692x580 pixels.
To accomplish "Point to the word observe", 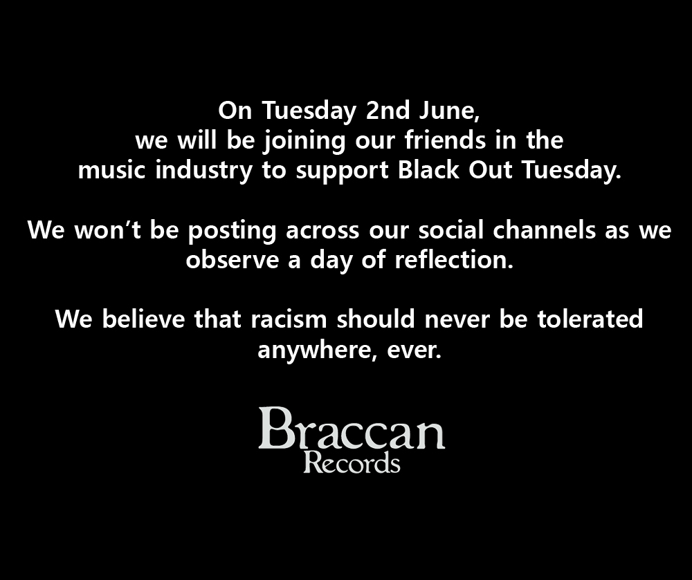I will (x=230, y=261).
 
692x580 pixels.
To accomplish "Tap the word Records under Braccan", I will (x=352, y=462).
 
